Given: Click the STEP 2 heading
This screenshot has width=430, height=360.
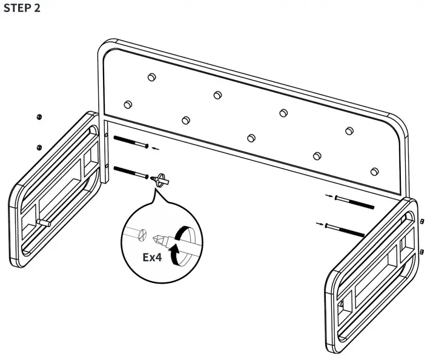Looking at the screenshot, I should tap(23, 11).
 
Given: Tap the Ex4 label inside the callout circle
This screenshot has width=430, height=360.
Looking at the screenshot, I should tap(153, 257).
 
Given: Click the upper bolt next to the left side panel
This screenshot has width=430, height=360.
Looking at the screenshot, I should tap(131, 143).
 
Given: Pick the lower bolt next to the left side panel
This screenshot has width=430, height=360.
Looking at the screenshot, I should tap(131, 172).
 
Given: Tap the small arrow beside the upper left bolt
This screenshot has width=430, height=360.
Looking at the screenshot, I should tap(156, 147).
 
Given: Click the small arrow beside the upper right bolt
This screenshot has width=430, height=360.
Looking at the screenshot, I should tap(328, 196).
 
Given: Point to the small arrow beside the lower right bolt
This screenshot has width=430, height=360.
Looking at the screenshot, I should tap(319, 224).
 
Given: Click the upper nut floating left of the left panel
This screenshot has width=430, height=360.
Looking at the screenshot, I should tap(39, 116).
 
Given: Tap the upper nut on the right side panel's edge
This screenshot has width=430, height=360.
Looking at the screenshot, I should tap(422, 221).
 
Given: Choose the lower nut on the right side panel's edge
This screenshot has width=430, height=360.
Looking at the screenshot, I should tap(422, 250).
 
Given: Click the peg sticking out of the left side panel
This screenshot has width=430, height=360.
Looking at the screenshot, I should tap(44, 224).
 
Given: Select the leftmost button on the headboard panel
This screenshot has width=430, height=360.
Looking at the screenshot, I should tap(128, 104).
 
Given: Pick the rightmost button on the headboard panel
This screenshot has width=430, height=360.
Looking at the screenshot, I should tap(374, 171).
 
